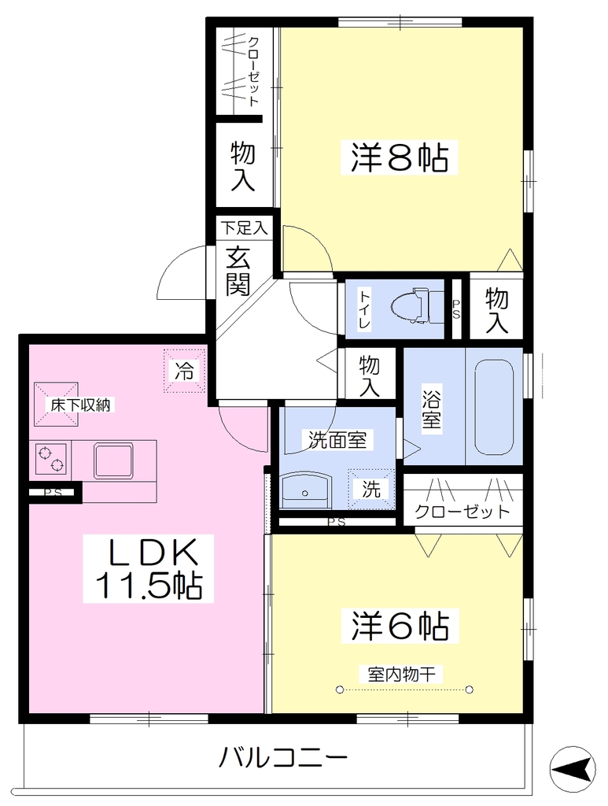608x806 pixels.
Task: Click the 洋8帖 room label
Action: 400,157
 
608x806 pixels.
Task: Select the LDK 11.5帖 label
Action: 149,568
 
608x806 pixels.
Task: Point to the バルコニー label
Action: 284,757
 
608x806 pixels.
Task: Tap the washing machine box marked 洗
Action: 371,489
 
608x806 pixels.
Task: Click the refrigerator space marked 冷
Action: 184,370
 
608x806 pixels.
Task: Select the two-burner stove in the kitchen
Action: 51,459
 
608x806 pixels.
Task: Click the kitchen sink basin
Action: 113,461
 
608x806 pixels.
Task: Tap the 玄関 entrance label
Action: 239,271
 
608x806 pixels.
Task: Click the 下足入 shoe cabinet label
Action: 245,227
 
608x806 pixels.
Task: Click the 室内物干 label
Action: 402,674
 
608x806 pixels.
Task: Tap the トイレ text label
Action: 365,310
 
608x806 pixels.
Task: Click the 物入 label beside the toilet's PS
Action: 496,310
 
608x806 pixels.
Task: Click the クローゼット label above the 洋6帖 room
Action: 462,512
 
